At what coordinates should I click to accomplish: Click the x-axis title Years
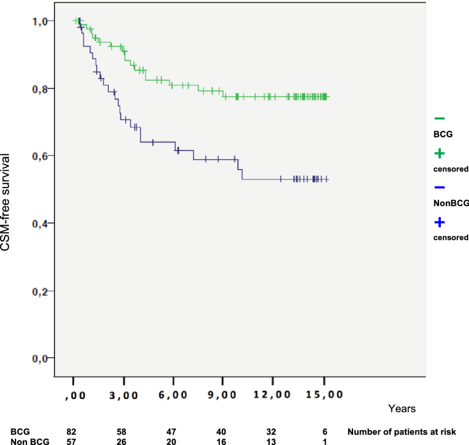pyautogui.click(x=397, y=409)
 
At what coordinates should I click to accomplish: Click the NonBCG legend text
pyautogui.click(x=451, y=203)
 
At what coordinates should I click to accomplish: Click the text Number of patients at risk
pyautogui.click(x=404, y=430)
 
